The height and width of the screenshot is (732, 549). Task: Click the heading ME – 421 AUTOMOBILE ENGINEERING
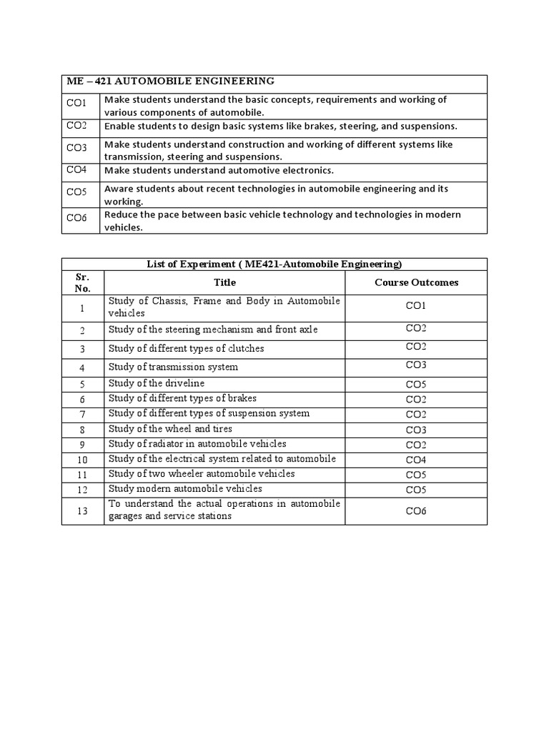[x=169, y=81]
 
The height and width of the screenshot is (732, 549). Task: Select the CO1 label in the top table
[x=76, y=104]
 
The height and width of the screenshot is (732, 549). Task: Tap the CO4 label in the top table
[x=76, y=169]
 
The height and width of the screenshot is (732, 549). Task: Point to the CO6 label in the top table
[x=76, y=219]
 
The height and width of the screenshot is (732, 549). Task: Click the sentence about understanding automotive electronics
[x=219, y=170]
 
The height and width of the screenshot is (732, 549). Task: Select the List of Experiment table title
[x=274, y=264]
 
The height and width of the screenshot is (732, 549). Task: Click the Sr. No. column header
[x=82, y=282]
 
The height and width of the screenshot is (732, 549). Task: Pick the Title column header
[x=224, y=282]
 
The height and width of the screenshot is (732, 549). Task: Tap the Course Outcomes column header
[x=416, y=282]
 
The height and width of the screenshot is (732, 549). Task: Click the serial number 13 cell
[x=82, y=510]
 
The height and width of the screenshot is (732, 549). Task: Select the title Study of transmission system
[x=173, y=367]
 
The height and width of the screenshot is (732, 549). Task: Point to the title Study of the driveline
[x=156, y=383]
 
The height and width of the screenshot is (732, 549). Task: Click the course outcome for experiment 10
[x=416, y=460]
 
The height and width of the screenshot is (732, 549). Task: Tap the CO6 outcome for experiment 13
[x=416, y=511]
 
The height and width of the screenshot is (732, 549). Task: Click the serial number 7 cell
[x=82, y=415]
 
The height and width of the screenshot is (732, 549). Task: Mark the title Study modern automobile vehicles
[x=185, y=489]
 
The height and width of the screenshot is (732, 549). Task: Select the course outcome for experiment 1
[x=416, y=306]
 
